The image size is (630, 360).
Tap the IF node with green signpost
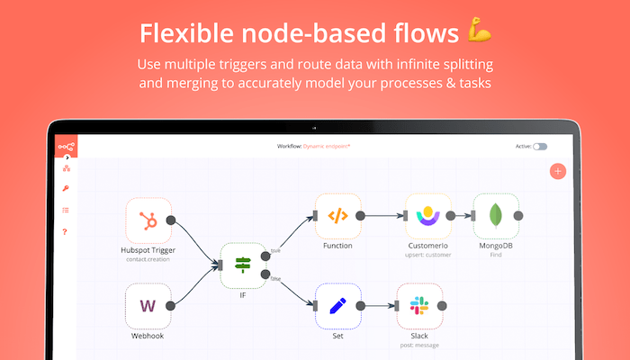click(243, 265)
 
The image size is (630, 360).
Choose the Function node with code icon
click(337, 216)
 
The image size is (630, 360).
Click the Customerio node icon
click(427, 216)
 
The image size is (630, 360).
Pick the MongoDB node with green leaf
click(495, 216)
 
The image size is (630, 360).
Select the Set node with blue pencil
click(337, 306)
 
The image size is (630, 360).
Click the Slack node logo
click(419, 306)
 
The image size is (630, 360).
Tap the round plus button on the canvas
click(558, 171)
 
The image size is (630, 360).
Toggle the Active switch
click(539, 146)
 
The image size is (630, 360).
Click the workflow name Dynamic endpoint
click(327, 146)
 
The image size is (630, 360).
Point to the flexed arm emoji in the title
click(479, 33)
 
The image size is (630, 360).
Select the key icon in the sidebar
click(66, 188)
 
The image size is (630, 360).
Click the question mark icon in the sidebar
click(66, 231)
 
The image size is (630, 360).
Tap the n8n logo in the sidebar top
click(66, 146)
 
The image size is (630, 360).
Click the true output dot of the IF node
click(265, 255)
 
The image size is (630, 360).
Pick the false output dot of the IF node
click(265, 274)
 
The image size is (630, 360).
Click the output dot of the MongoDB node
click(517, 216)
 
